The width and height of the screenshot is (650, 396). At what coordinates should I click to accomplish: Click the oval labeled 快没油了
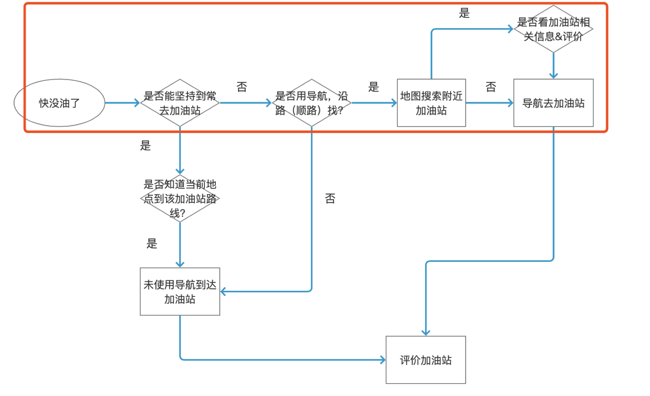pos(59,103)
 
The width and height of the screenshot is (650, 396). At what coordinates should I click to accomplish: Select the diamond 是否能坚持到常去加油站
pos(180,103)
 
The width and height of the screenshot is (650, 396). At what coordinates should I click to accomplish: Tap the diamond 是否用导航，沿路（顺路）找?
pos(311,103)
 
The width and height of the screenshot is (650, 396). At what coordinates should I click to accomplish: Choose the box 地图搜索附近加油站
pos(431,103)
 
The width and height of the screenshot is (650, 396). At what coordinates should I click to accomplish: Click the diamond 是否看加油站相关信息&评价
pos(553,29)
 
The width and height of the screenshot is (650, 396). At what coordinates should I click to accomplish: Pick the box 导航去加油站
pos(553,103)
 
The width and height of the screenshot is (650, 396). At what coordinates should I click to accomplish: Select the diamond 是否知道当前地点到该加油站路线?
pos(180,198)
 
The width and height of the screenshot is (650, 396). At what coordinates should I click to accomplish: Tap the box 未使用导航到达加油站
pos(180,292)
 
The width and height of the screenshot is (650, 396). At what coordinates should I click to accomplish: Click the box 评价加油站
pos(426,360)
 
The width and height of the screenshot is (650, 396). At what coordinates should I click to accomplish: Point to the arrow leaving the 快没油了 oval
pos(122,103)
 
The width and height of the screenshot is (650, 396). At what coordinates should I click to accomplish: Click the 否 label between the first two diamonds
pos(242,87)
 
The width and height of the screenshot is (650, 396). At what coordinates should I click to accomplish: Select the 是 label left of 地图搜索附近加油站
pos(373,87)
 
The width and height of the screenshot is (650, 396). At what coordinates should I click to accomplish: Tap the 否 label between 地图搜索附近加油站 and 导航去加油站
pos(491,87)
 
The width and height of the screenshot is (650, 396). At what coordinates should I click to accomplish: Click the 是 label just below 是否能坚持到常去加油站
pos(145,145)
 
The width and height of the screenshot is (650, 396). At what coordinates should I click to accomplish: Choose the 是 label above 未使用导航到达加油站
pos(152,243)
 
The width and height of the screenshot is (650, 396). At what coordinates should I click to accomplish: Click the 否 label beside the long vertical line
pos(330,198)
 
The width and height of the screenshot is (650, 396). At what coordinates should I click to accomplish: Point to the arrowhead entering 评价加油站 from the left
pos(383,360)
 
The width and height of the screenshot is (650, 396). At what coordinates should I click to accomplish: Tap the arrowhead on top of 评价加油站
pos(426,333)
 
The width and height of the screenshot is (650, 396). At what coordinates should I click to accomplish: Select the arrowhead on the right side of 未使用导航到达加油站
pos(223,292)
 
